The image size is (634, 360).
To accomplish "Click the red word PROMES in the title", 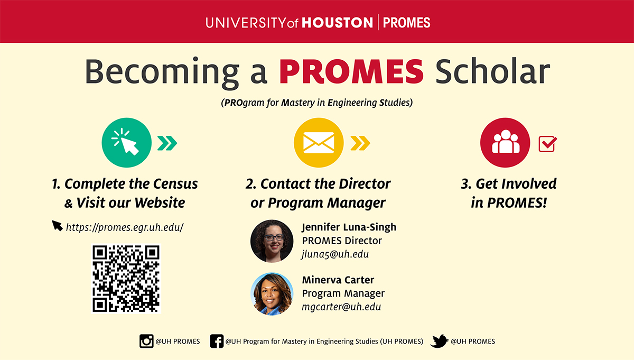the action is click(x=351, y=71).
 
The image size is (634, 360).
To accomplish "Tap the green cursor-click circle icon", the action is click(x=126, y=143).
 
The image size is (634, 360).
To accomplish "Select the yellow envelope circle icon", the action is click(x=319, y=143).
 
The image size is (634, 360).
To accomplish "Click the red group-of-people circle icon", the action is click(x=505, y=143).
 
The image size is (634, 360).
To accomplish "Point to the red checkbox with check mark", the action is click(x=547, y=144).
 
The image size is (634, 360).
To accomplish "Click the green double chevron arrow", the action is click(x=167, y=143).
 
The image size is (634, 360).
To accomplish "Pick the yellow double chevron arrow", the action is click(x=360, y=143).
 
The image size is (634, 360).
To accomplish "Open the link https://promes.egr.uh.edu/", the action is click(x=125, y=227).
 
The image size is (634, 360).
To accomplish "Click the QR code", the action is click(x=126, y=279).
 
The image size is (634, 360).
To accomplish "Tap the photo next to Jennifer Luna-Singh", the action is click(x=272, y=241).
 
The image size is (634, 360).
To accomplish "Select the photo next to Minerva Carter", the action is click(x=272, y=294).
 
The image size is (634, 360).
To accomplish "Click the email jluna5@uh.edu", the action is click(x=335, y=254).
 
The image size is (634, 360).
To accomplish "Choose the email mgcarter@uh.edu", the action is click(x=341, y=307).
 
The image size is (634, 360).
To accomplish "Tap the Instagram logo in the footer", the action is click(x=146, y=341).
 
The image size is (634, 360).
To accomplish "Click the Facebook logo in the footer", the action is click(x=217, y=341).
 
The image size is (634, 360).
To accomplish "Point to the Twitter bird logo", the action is click(x=439, y=341).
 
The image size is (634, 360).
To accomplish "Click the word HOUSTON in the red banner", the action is click(x=338, y=23).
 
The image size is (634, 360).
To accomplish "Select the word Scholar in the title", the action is click(x=493, y=71).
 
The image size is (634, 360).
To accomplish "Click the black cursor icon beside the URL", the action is click(x=57, y=226).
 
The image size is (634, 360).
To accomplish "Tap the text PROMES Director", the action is click(x=342, y=241).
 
